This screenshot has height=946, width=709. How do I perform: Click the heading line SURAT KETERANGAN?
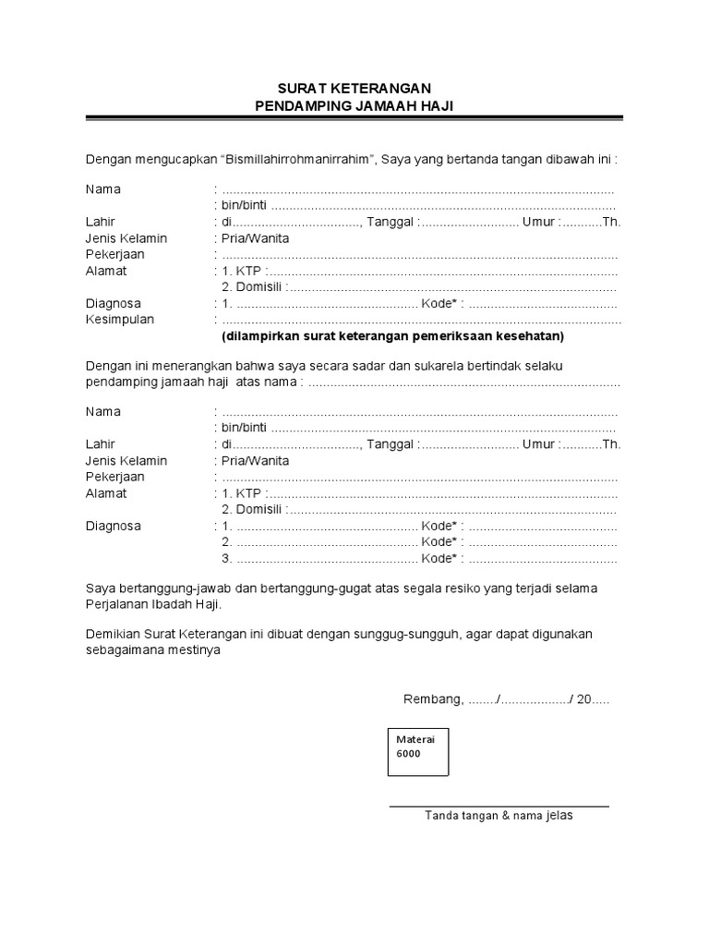pos(354,88)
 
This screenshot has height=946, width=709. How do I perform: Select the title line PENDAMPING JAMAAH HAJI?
pos(354,106)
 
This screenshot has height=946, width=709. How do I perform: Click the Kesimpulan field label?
pos(120,320)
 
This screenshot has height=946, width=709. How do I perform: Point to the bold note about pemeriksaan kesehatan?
pos(392,335)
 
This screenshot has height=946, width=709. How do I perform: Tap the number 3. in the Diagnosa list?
pos(226,559)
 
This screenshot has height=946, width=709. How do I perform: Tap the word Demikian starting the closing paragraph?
pos(112,634)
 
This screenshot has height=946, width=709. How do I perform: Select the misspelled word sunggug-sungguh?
pos(421,634)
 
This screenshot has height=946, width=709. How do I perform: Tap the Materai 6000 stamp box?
pos(416,751)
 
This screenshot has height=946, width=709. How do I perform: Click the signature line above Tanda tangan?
pos(499,806)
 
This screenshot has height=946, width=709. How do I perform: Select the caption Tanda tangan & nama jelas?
pos(499,816)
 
